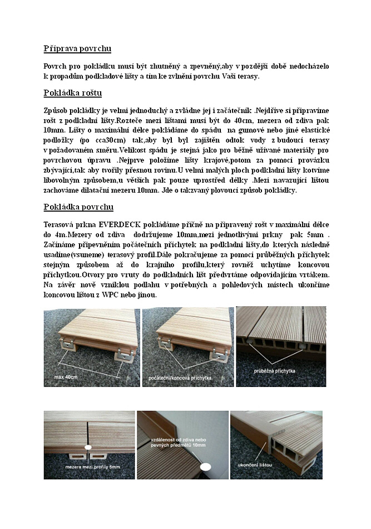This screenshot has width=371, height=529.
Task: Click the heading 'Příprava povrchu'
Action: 77,48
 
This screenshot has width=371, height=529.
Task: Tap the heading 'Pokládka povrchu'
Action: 78,207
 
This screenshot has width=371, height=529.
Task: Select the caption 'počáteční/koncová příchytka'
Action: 180,378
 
